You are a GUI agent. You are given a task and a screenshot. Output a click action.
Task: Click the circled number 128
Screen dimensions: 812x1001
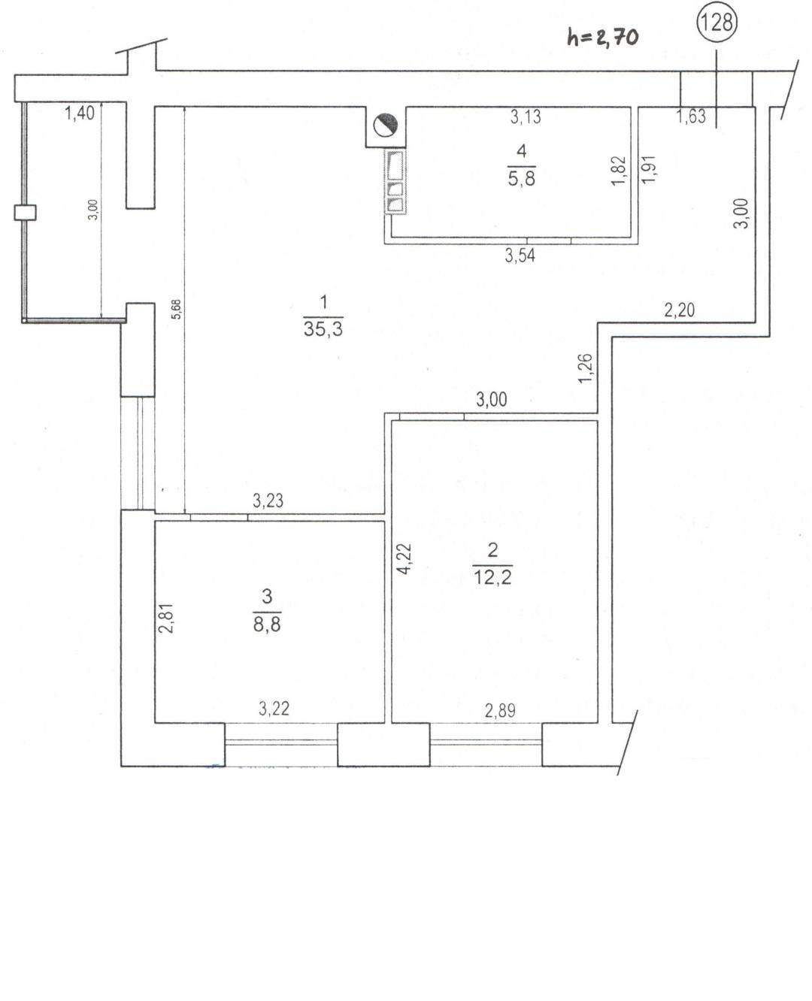pos(717,22)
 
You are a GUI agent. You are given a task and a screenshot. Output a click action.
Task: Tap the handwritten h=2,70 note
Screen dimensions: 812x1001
pos(602,38)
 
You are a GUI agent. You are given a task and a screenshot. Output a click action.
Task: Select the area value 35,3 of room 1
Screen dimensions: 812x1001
pos(323,328)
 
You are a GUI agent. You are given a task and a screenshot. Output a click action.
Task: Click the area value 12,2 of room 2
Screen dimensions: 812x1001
pos(492,577)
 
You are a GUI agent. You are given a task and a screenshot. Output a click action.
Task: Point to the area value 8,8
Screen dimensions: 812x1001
pos(267,624)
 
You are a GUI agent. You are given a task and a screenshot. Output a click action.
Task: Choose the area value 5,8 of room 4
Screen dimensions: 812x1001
pos(522,179)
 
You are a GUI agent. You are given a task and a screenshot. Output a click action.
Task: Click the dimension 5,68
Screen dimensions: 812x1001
pos(177,309)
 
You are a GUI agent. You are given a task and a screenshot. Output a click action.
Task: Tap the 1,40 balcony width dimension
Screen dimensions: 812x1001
pos(80,113)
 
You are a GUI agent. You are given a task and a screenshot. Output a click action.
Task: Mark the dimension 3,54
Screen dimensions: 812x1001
pos(520,256)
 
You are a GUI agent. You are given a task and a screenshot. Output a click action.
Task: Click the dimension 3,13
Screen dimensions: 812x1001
pos(526,116)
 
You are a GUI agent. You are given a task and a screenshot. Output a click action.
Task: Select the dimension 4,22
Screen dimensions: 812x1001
pos(404,558)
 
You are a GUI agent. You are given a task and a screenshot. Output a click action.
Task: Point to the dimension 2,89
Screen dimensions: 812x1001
pos(500,711)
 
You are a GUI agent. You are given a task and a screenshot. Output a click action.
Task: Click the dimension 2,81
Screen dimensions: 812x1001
pos(166,618)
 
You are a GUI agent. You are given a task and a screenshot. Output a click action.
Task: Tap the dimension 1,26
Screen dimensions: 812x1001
pos(586,368)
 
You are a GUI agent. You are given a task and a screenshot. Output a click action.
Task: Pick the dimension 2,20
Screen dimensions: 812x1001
pos(680,310)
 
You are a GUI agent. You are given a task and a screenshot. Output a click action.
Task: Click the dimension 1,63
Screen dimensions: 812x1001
pos(691,116)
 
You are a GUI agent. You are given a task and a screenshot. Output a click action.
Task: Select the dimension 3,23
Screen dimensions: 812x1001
pos(268,500)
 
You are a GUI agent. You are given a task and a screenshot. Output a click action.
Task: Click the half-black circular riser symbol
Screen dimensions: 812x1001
pos(386,125)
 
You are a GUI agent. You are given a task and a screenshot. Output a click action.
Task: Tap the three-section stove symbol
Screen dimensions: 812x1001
pos(395,182)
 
